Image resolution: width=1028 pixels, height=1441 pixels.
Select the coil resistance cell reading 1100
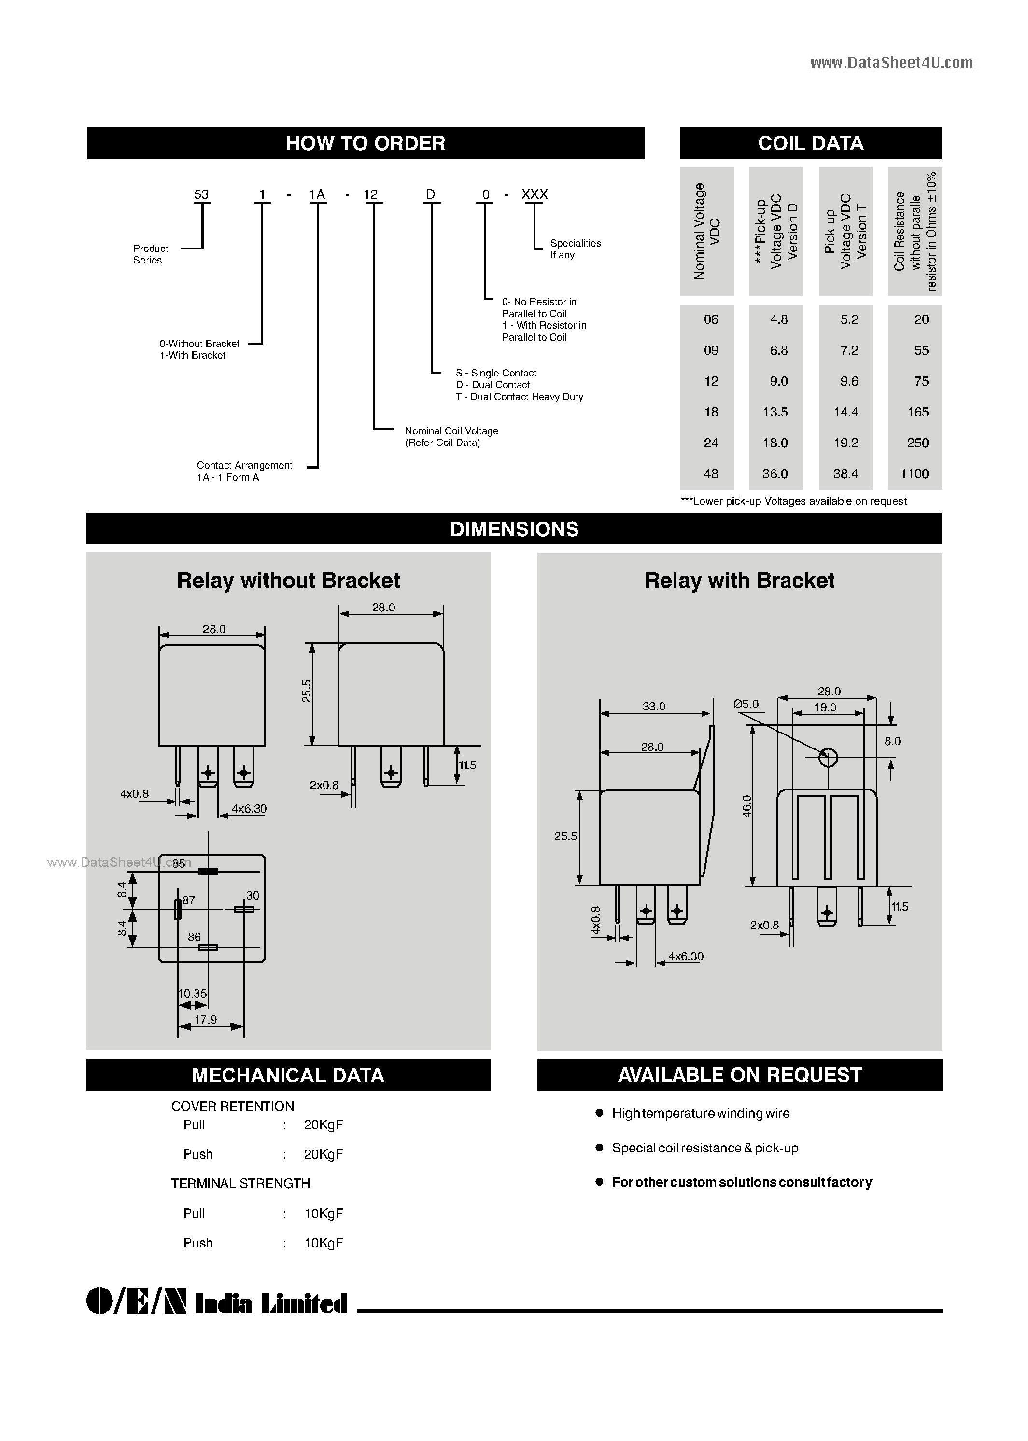tap(914, 474)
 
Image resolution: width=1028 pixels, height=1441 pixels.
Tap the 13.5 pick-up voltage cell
tap(775, 412)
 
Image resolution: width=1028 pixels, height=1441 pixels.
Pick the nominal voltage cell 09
tap(711, 350)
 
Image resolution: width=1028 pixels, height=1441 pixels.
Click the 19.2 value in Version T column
tap(845, 443)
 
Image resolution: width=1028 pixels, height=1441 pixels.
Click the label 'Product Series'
tap(151, 254)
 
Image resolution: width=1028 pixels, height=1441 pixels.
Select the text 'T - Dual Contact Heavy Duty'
tap(519, 397)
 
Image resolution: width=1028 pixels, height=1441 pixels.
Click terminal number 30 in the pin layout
tap(253, 895)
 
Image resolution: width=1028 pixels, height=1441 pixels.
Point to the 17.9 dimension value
tap(206, 1020)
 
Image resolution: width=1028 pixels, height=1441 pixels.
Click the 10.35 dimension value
tap(193, 994)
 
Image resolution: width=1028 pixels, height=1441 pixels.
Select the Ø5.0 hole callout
tap(746, 704)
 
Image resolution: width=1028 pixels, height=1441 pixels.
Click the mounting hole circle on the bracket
tap(828, 757)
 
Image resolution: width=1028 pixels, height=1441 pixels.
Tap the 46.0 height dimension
tap(747, 806)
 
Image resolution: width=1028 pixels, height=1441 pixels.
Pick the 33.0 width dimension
tap(654, 707)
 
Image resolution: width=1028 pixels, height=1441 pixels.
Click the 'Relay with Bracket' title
tap(739, 581)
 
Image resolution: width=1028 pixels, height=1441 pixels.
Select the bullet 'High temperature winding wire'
tap(700, 1113)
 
